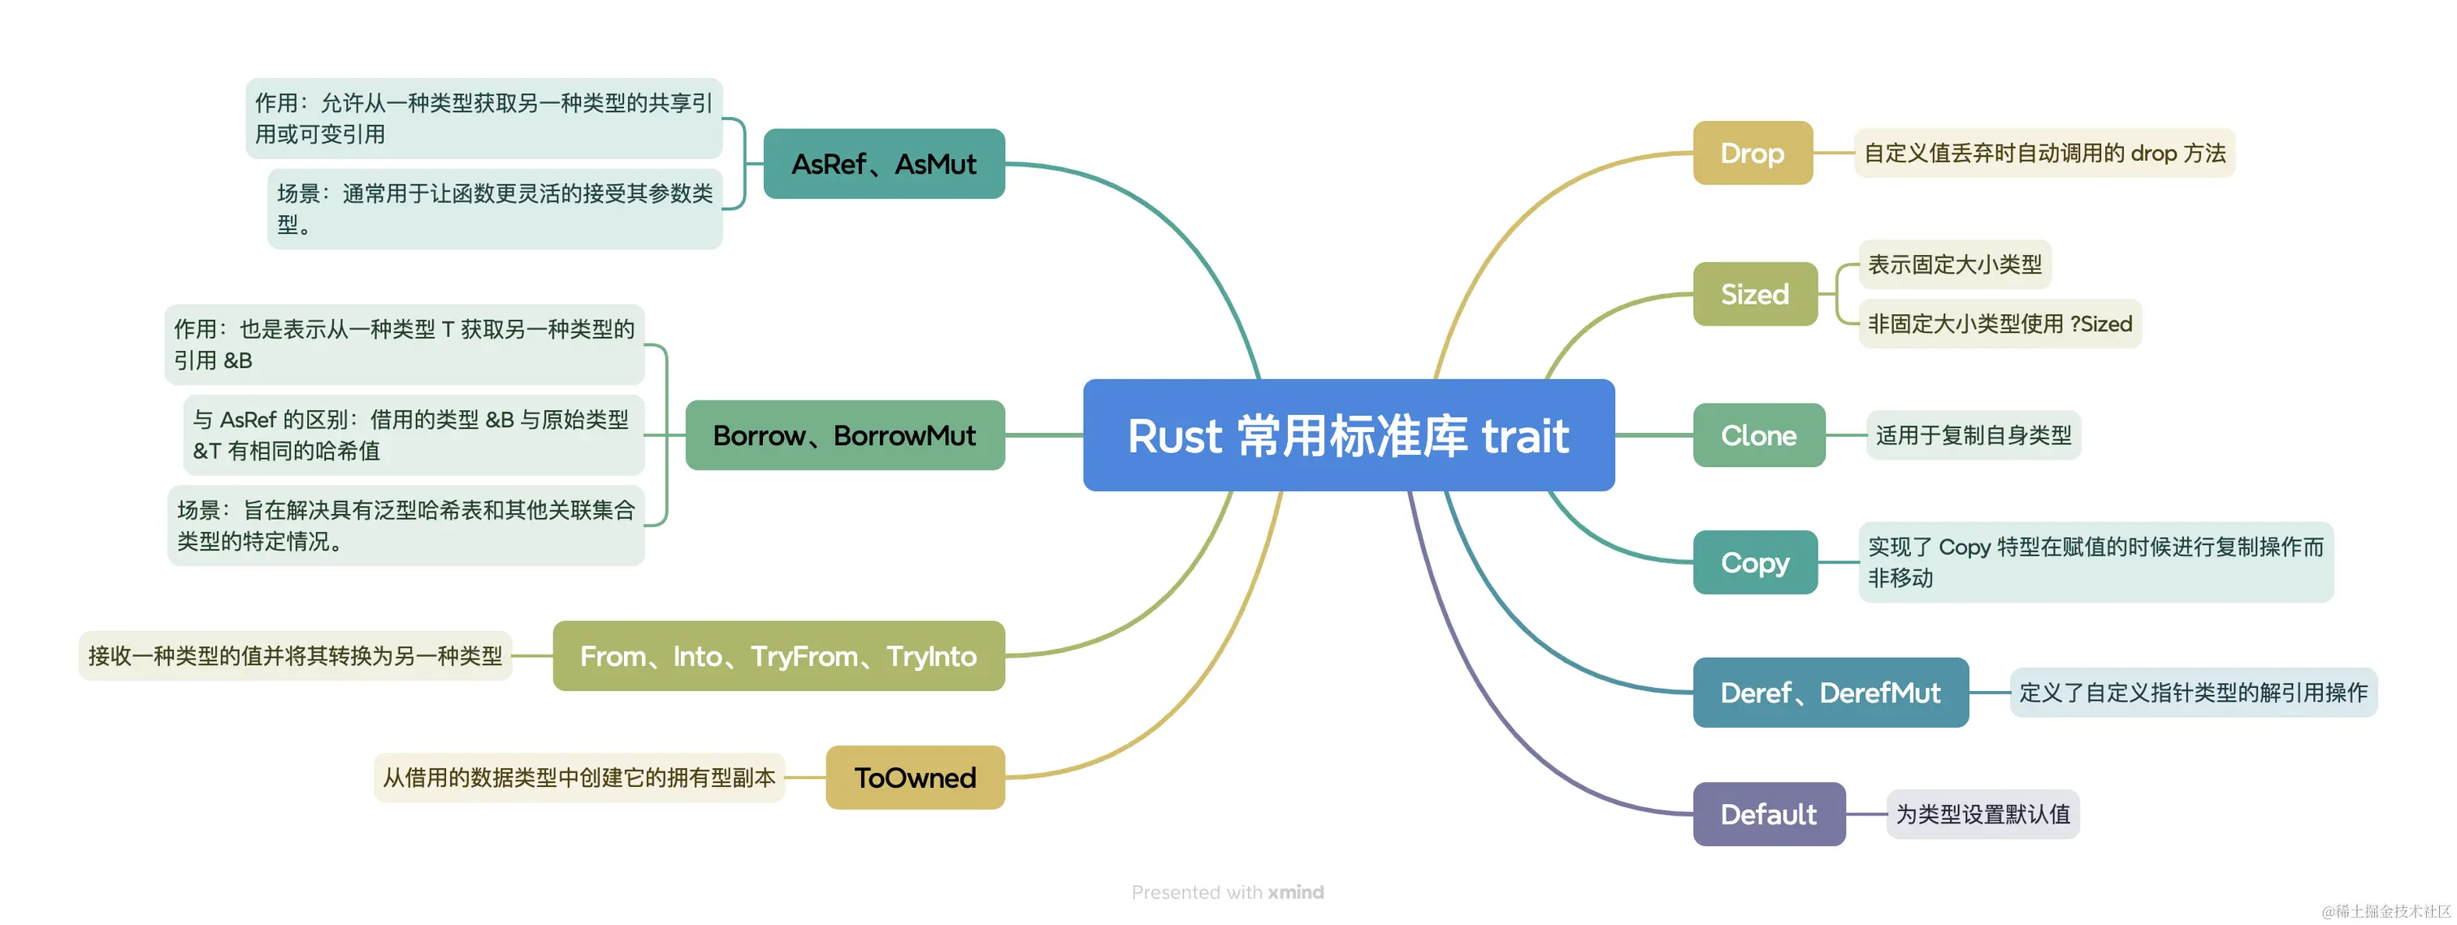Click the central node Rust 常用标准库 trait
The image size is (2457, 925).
coord(1348,436)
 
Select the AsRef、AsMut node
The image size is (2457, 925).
coord(883,164)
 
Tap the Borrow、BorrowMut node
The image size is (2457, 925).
coord(844,436)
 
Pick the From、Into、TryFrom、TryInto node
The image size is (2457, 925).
coord(778,656)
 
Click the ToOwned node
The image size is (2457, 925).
coord(915,778)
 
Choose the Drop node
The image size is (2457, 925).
coord(1752,153)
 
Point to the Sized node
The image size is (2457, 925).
coord(1754,295)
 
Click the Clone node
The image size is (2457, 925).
coord(1758,436)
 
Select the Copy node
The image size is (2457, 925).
coord(1754,563)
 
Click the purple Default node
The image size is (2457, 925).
coord(1768,815)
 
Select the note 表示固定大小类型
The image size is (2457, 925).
coord(1954,264)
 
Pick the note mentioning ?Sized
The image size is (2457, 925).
coord(2000,324)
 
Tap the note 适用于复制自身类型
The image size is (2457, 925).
coord(1973,436)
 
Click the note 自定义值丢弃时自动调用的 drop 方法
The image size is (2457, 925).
coord(2043,153)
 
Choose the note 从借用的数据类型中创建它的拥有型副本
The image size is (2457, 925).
coord(579,778)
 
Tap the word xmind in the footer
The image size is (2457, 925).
coord(1295,893)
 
